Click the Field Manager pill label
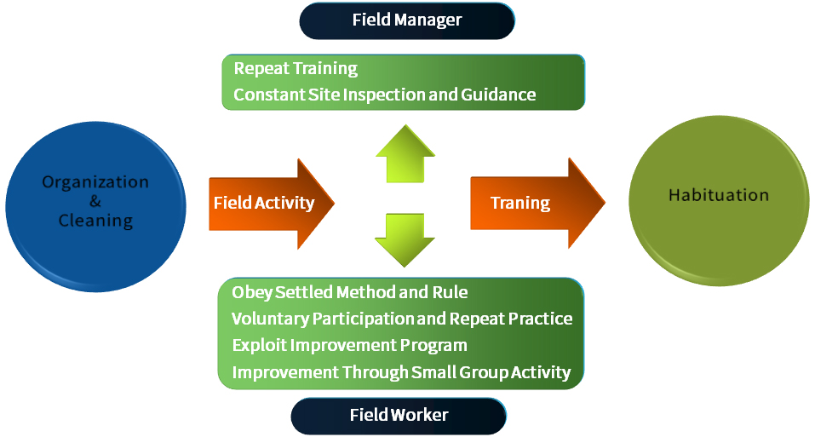click(407, 20)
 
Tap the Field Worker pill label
click(399, 416)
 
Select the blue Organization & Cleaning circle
click(95, 206)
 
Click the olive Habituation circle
click(719, 200)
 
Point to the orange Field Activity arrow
click(272, 204)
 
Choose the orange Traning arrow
click(537, 204)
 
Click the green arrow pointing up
click(405, 154)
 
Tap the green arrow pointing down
click(405, 240)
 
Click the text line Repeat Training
click(296, 69)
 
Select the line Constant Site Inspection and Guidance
click(385, 95)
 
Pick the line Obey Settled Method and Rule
click(350, 292)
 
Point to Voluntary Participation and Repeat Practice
click(402, 319)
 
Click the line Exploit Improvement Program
click(350, 346)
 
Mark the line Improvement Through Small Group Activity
click(401, 372)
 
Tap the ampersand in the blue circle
click(95, 201)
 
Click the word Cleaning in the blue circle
click(95, 221)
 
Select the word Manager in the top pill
click(428, 20)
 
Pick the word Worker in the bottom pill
click(420, 415)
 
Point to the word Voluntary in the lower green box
click(270, 319)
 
